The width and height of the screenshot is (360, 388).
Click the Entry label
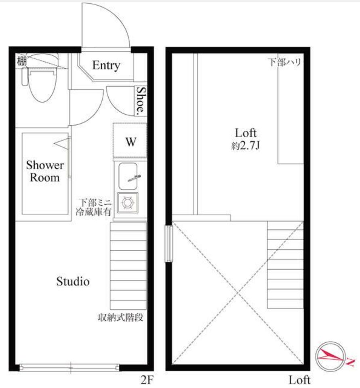point(106,65)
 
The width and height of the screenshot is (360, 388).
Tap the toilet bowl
point(42,85)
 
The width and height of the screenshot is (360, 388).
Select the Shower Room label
point(45,171)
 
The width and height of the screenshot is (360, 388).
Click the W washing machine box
point(130,141)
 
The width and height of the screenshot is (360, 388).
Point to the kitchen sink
point(128,176)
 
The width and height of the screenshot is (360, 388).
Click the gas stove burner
point(128,203)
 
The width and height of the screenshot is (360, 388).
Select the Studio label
point(73,281)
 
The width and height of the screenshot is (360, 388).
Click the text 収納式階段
point(120,317)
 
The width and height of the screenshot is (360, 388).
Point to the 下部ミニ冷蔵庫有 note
point(94,208)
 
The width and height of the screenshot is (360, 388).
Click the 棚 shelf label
point(22,61)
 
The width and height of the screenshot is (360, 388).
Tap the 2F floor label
point(147,380)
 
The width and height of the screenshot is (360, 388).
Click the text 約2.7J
point(245,146)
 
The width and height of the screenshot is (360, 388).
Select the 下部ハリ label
point(285,62)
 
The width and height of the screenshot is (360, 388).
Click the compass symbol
point(330,357)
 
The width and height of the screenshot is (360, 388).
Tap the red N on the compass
point(350,362)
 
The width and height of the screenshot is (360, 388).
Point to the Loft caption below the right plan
point(299,380)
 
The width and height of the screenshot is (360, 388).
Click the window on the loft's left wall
point(168,243)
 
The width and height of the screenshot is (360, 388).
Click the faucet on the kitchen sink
point(135,178)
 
